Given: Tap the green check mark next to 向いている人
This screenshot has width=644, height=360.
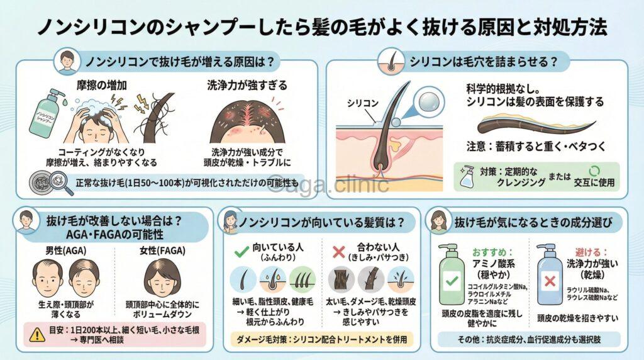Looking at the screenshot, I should pos(240,252).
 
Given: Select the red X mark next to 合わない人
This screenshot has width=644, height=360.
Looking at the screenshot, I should pos(338,252).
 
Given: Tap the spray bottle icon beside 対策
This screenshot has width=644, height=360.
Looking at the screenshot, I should pos(468,177).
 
